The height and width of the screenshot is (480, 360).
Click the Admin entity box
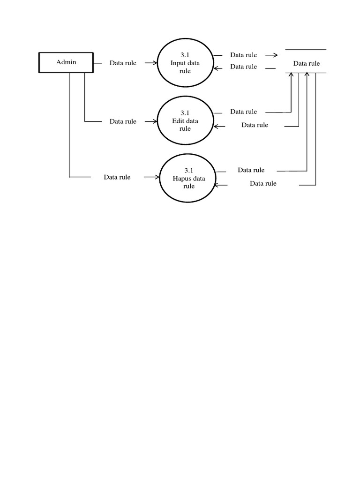(66, 62)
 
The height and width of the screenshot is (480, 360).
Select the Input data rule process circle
(185, 63)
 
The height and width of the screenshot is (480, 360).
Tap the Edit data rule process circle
(185, 121)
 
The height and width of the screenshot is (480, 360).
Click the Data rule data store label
(306, 63)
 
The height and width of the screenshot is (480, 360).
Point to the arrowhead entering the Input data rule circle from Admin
(154, 63)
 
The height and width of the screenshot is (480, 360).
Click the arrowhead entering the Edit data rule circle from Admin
(154, 121)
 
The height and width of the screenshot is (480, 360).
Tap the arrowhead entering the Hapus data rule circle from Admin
(157, 177)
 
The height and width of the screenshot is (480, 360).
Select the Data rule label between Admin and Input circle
(123, 63)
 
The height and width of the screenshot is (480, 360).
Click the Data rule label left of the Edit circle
(123, 121)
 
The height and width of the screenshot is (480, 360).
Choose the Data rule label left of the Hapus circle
(117, 177)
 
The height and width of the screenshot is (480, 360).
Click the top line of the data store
(306, 49)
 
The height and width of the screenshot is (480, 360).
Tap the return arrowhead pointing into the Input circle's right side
(216, 68)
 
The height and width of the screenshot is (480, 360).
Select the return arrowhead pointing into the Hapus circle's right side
(217, 185)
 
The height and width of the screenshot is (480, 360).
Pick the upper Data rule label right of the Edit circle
(243, 112)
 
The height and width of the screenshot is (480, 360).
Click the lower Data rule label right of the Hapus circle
(263, 184)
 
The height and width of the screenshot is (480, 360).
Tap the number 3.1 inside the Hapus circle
(188, 170)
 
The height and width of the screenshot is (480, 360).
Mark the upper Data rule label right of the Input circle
(243, 55)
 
